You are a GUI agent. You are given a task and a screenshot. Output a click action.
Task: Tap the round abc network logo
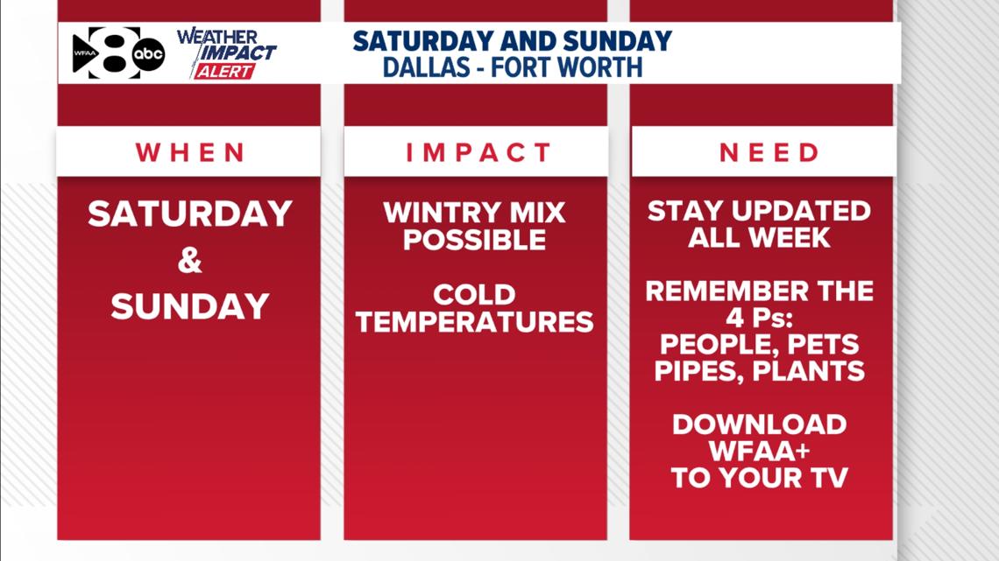click(x=148, y=54)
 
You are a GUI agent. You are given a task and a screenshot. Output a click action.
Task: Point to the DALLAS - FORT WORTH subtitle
click(x=512, y=67)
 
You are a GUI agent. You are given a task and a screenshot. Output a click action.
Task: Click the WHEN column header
click(x=190, y=152)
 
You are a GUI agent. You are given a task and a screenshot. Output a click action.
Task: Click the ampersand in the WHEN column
click(x=189, y=261)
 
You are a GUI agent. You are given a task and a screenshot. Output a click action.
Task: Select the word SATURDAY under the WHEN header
click(x=189, y=214)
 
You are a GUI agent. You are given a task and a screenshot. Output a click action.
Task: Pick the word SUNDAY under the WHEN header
click(x=189, y=306)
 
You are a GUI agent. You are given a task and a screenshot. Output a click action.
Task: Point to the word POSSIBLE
click(x=474, y=240)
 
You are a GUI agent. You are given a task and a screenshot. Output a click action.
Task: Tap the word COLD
click(x=474, y=294)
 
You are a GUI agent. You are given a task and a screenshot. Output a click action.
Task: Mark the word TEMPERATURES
click(x=474, y=321)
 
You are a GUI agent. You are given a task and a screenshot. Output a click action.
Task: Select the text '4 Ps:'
click(x=759, y=317)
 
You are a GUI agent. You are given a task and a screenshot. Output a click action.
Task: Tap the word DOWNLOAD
click(x=759, y=424)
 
